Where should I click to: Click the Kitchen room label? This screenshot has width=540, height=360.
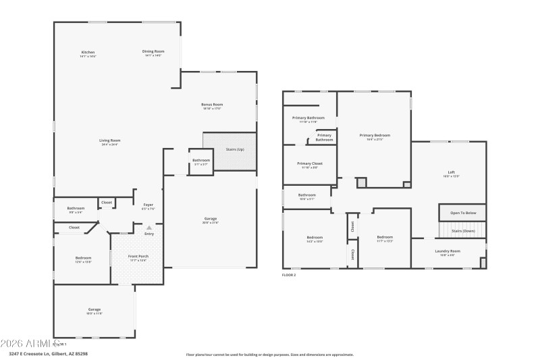coord(88,52)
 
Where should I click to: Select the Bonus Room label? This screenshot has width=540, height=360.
coord(212,105)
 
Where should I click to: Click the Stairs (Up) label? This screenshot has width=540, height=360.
coord(234,149)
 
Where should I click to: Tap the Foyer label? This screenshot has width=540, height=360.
coord(148,205)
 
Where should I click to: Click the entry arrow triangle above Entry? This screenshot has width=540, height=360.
coord(148,228)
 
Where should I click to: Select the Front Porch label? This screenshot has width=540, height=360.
coord(138,257)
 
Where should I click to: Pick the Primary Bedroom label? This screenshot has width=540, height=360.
coord(374,135)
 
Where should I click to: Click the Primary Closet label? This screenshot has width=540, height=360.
coord(310,163)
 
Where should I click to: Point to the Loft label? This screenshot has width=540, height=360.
coord(451,172)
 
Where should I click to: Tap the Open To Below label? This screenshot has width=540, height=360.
coord(463,213)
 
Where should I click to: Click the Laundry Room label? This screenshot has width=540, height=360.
coord(448,251)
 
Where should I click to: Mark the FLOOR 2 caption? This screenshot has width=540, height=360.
coord(289,275)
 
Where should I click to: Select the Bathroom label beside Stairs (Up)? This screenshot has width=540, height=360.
coord(201,161)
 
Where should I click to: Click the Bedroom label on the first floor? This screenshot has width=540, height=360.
coord(83,258)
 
